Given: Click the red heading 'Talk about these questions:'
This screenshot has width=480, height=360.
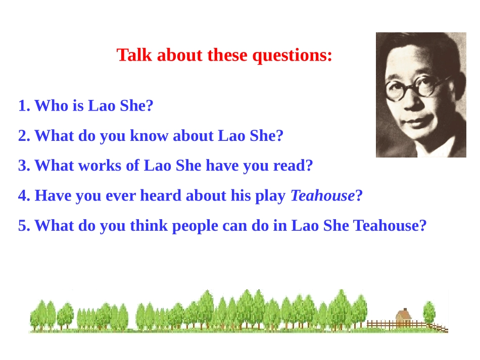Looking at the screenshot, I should pos(224,55).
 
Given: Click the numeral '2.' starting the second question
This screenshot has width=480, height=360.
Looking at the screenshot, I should pos(24,136).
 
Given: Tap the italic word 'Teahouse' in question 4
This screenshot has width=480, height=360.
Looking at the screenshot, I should pos(322,195).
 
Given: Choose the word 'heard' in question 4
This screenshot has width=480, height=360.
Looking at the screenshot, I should pos(161,195).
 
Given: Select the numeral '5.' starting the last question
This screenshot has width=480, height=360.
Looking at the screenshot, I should pos(24,225).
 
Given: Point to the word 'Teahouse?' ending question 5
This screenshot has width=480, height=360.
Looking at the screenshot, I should pos(390,225).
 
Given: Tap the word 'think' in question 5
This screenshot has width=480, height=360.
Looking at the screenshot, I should pos(149,225).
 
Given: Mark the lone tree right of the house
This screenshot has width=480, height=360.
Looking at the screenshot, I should pos(429,312).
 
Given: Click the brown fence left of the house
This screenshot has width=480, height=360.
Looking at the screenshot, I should pos(381,324).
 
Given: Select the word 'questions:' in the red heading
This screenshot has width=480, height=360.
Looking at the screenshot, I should pos(293,56).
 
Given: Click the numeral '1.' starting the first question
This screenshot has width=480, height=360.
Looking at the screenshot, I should pos(24,106).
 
